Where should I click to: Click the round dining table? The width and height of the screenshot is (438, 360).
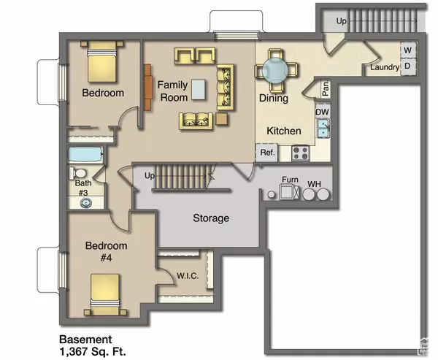pyautogui.click(x=277, y=71)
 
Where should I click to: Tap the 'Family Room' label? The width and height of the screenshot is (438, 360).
pyautogui.click(x=173, y=91)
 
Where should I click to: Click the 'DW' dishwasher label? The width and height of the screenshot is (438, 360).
pyautogui.click(x=322, y=112)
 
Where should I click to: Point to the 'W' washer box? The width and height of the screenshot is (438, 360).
pyautogui.click(x=407, y=50)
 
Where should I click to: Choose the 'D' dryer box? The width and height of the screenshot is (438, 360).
pyautogui.click(x=407, y=66)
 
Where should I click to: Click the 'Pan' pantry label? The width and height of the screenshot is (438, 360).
pyautogui.click(x=325, y=89)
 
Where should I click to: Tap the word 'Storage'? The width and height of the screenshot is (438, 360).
pyautogui.click(x=211, y=218)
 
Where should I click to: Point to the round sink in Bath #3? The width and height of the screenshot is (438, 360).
pyautogui.click(x=84, y=202)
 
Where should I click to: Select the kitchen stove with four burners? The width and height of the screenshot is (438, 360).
pyautogui.click(x=300, y=153)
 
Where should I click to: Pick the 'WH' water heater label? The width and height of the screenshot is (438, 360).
pyautogui.click(x=314, y=183)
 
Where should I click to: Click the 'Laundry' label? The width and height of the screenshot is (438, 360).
pyautogui.click(x=385, y=67)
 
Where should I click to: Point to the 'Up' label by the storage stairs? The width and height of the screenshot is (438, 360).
pyautogui.click(x=150, y=176)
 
